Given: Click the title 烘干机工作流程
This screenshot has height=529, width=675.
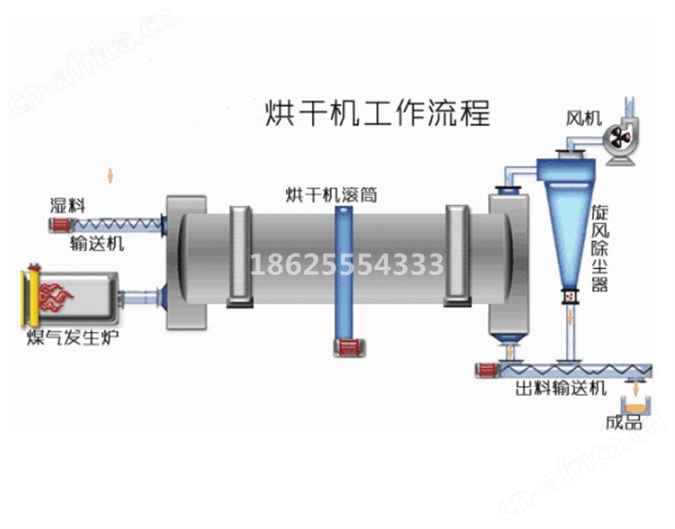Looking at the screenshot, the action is click(x=377, y=113).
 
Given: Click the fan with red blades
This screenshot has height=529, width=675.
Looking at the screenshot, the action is click(x=620, y=138).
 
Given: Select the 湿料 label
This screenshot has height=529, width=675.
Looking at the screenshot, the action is click(x=67, y=205).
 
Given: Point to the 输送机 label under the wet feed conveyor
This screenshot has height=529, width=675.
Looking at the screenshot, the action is click(x=97, y=244).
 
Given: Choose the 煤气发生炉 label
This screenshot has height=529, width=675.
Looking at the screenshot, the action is click(x=72, y=337).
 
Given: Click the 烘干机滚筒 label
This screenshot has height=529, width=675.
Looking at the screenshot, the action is click(x=332, y=195).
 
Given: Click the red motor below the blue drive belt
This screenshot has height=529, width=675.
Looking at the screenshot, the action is click(x=349, y=348).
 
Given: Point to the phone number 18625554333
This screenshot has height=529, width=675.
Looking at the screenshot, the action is click(x=347, y=264).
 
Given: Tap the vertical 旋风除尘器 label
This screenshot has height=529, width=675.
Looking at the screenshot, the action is click(x=600, y=248).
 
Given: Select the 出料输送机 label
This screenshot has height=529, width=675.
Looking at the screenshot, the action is click(x=561, y=388).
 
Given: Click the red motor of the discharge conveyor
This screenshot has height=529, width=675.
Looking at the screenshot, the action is click(x=486, y=370).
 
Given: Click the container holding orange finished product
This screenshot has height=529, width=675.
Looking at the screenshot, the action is click(x=635, y=406).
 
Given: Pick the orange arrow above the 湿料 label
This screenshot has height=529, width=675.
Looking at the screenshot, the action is click(x=111, y=175).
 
